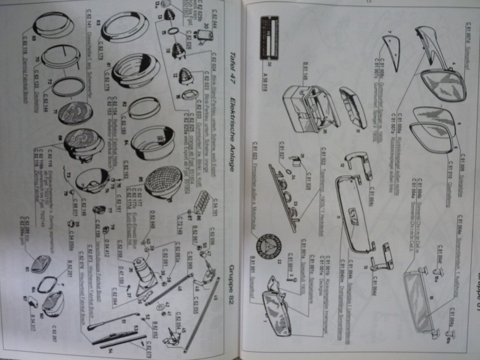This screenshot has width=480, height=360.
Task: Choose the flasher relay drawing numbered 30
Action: click(x=204, y=35)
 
